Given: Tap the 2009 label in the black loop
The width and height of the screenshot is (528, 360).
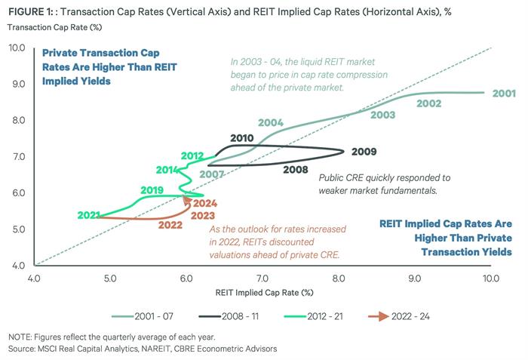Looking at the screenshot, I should coord(364,151).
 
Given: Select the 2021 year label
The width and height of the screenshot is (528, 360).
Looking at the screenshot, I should coord(89,216).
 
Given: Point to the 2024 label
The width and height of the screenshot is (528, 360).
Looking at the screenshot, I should coord(205,203).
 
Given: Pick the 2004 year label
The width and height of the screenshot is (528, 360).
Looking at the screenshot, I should coord(269,122).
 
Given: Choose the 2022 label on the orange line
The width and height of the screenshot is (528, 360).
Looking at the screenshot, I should coord(170,225).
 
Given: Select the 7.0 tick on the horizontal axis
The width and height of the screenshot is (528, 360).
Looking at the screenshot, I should coord(262,278).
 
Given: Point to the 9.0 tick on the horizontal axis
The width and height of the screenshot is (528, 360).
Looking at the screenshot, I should coord(414,278).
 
